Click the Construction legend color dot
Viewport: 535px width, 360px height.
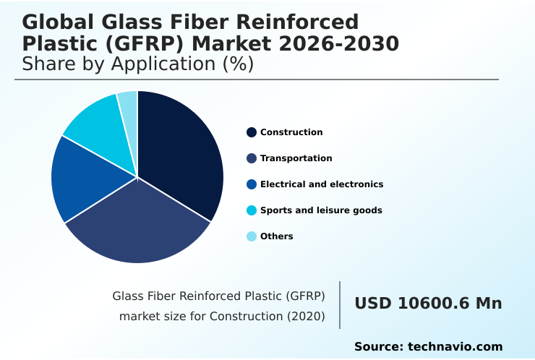click(252, 132)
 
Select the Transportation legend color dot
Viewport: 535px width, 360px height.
click(252, 158)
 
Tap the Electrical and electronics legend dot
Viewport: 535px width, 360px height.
click(252, 184)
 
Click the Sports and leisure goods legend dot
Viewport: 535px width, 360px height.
click(252, 210)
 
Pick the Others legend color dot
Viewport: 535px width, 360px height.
click(252, 236)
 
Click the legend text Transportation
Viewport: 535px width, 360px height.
click(296, 158)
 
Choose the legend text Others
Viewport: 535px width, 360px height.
click(276, 236)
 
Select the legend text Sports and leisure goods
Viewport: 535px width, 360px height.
click(321, 210)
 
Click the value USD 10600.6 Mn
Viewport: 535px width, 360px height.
click(428, 304)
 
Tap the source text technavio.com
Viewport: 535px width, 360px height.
click(455, 347)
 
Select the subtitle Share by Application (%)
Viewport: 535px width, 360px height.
click(137, 64)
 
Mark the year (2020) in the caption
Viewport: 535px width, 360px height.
click(307, 316)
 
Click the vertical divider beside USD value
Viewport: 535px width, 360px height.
click(340, 305)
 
